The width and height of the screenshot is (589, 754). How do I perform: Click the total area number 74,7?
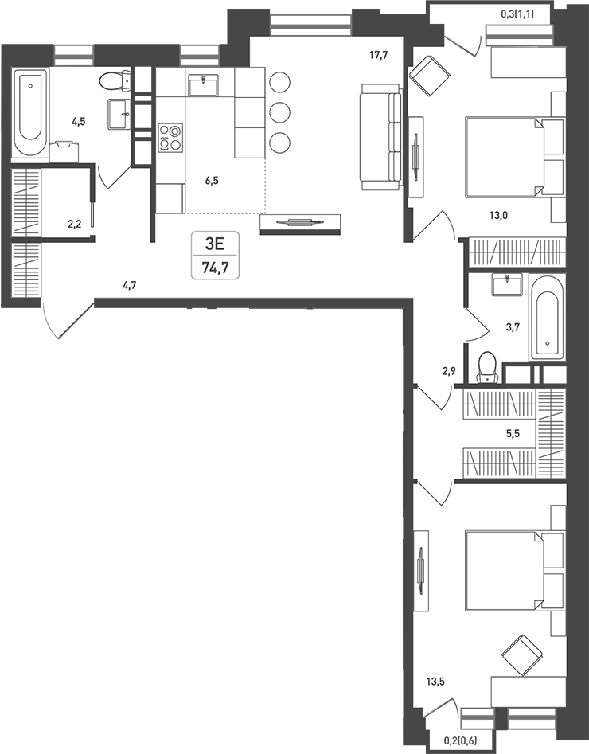click(x=215, y=268)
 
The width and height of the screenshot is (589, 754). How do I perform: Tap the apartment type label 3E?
click(x=215, y=245)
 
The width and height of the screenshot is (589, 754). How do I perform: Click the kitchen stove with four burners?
click(x=170, y=137)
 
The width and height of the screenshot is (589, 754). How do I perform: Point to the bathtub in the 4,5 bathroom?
click(x=30, y=113)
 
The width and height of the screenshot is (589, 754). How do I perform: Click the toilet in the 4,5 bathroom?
click(x=116, y=80)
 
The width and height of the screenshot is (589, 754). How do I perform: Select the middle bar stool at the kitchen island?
click(x=279, y=111)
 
